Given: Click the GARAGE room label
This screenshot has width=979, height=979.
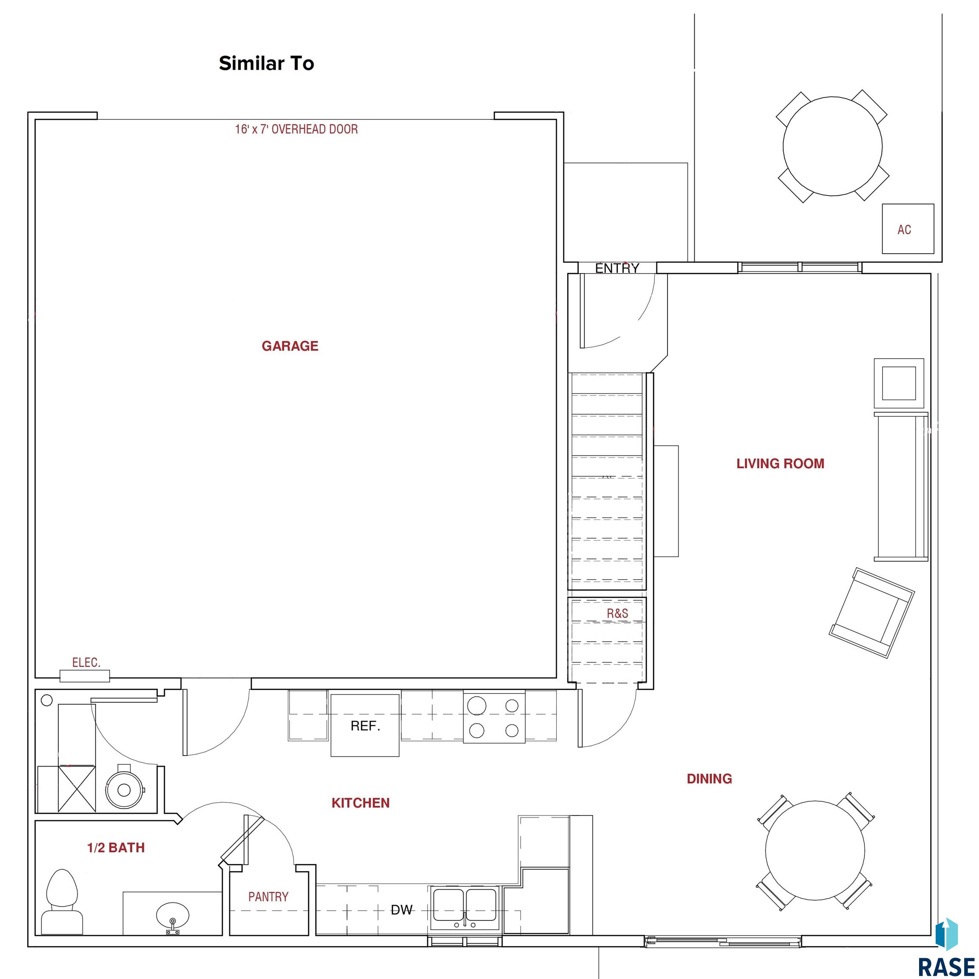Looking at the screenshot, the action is (290, 346).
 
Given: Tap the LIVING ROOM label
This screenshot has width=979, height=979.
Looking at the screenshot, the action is (781, 464).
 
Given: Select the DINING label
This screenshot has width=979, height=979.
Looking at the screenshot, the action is (710, 779).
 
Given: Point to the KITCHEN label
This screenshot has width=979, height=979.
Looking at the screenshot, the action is (360, 803).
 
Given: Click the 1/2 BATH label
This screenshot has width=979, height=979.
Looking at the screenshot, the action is (116, 848).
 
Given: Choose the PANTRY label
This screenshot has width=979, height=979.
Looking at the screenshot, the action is (268, 897).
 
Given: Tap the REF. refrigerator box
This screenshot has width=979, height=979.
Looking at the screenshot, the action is (365, 726).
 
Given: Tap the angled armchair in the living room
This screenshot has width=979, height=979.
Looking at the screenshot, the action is (871, 613).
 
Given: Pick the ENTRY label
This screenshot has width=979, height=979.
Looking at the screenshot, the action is (617, 269).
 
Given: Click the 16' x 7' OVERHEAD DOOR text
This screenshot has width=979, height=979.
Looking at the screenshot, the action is (297, 129).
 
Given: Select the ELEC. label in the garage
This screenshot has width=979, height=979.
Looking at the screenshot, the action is (86, 662).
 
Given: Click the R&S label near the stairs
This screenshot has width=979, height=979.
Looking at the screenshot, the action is (618, 614).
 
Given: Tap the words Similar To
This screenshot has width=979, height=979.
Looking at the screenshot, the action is (266, 63).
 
